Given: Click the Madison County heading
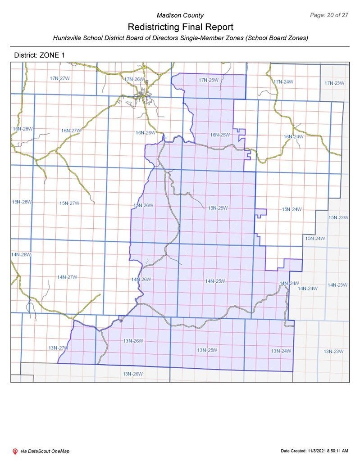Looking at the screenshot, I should click(180, 15).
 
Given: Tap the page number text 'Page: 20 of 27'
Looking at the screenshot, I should click(329, 15).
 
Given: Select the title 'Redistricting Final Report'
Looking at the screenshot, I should click(180, 27).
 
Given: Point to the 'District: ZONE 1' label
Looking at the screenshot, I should click(40, 55).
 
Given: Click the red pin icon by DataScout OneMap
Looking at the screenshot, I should click(15, 451).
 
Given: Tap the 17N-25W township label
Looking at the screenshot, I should click(209, 80).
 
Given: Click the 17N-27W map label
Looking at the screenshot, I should click(59, 78).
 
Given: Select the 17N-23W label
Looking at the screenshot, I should click(334, 83).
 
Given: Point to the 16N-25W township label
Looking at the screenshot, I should click(220, 135).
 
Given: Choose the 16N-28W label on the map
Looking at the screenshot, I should click(23, 129).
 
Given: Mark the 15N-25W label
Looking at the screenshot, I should click(218, 208).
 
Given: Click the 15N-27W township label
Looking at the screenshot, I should click(69, 203).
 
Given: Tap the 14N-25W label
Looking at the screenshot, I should click(215, 281).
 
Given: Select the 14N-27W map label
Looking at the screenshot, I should click(67, 277).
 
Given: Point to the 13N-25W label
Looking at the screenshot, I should click(207, 350).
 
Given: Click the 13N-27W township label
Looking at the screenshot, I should click(58, 348).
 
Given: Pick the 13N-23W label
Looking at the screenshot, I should click(333, 351).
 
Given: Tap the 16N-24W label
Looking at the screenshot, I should click(293, 136).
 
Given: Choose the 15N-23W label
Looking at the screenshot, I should click(338, 217).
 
